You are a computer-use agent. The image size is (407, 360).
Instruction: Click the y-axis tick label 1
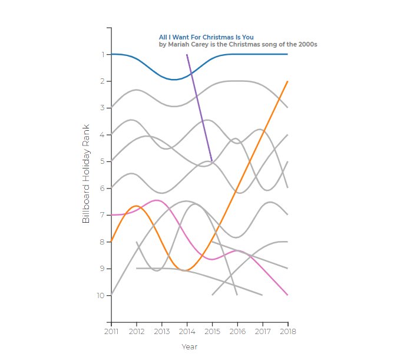click(x=102, y=54)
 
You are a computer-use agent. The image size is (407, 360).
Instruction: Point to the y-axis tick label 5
click(x=102, y=161)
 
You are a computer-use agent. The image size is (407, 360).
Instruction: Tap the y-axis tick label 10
click(x=100, y=295)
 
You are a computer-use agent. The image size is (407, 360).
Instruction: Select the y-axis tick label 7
click(x=102, y=215)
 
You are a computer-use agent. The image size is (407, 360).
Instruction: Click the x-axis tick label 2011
click(x=111, y=332)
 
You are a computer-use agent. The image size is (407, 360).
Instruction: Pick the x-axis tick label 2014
click(x=187, y=332)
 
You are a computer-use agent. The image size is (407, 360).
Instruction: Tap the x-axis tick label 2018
click(x=287, y=332)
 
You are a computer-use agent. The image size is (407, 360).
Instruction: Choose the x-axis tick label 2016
click(x=237, y=332)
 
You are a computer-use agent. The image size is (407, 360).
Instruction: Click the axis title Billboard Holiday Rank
click(x=86, y=173)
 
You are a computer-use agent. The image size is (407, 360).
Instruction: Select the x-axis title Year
click(x=189, y=347)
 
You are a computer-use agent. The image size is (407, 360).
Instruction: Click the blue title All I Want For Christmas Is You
click(x=206, y=37)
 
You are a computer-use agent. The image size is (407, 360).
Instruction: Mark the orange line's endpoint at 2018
click(x=287, y=81)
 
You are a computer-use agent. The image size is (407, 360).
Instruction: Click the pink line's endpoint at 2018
click(x=287, y=295)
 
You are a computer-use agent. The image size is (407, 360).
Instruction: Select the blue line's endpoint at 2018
click(x=287, y=54)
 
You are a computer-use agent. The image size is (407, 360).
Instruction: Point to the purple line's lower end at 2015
click(x=211, y=160)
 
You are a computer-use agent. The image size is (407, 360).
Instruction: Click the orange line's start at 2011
click(x=111, y=242)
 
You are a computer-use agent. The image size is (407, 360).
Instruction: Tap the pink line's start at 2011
click(x=111, y=215)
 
